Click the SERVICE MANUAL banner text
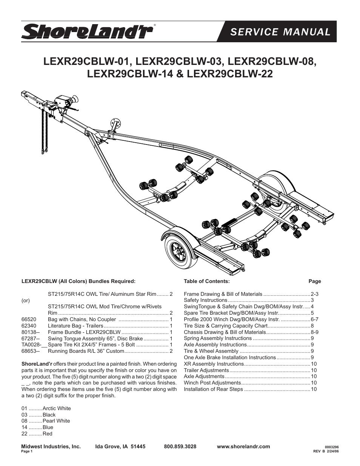coord(280,32)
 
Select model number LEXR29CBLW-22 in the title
coord(230,74)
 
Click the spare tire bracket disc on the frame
coord(115,123)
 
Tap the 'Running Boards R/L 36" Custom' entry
coord(86,351)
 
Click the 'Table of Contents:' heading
coord(206,281)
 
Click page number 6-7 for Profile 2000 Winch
coord(314,319)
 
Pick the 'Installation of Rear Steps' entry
coord(213,389)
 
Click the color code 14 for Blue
coord(25,427)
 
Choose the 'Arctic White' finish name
coord(57,408)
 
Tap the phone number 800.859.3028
coord(180,446)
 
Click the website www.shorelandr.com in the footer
coord(243,446)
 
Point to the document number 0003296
coord(326,447)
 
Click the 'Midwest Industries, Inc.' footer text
coord(51,446)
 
